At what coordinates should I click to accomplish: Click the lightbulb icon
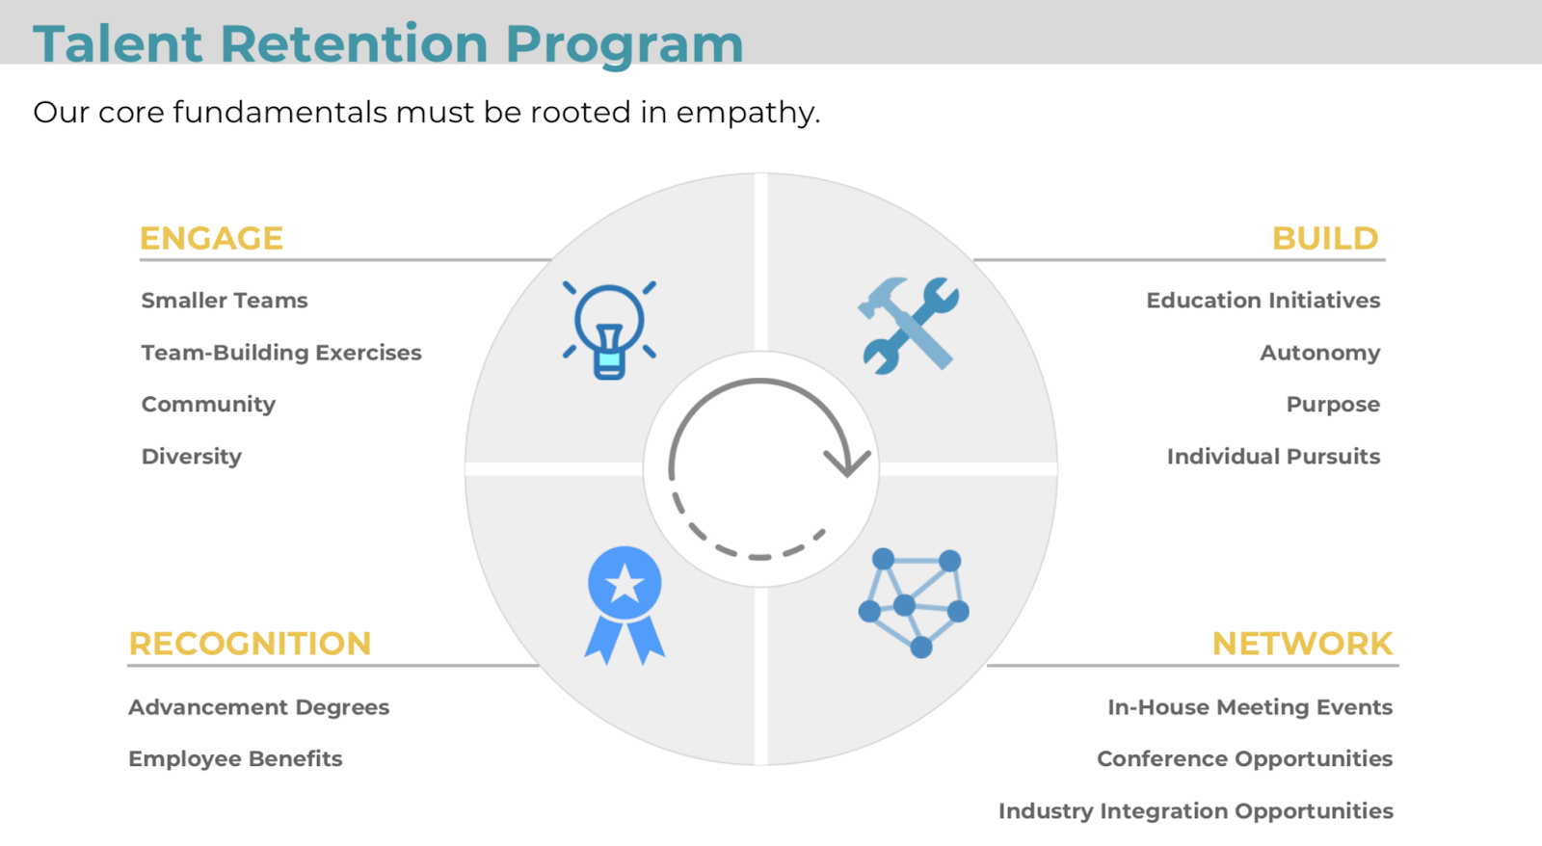click(x=609, y=330)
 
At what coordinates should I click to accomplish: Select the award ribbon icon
click(x=625, y=605)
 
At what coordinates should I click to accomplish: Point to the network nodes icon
click(x=914, y=602)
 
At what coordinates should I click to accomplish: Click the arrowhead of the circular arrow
click(x=848, y=464)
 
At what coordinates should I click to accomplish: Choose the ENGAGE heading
click(x=211, y=239)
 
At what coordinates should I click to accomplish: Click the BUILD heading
click(x=1325, y=239)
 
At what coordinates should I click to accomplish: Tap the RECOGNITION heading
click(x=250, y=645)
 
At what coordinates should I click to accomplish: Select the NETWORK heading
click(x=1302, y=645)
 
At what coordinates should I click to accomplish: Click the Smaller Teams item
click(x=225, y=301)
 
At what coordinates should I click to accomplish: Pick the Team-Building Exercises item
click(x=281, y=353)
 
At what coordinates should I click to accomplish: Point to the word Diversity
click(x=192, y=457)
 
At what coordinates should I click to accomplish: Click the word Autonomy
click(x=1320, y=353)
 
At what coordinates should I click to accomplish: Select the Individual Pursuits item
click(x=1273, y=457)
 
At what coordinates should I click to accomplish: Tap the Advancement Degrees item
click(x=259, y=707)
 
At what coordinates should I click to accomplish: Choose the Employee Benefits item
click(x=235, y=758)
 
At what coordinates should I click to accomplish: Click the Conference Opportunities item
click(x=1244, y=758)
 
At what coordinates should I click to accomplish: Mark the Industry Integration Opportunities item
click(x=1196, y=811)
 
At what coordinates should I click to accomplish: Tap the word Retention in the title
click(x=355, y=44)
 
